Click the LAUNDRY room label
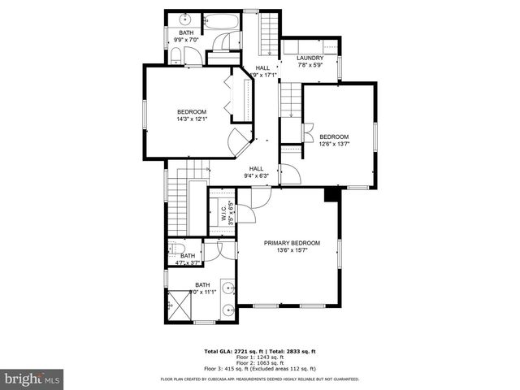(x=310, y=58)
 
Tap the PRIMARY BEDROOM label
(x=292, y=243)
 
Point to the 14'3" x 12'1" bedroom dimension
(x=193, y=119)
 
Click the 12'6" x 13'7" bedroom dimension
(x=334, y=144)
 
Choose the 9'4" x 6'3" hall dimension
(x=256, y=175)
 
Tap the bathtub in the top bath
(x=220, y=24)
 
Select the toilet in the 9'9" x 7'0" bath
(x=175, y=54)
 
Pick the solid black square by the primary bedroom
(x=331, y=195)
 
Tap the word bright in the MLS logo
(x=22, y=379)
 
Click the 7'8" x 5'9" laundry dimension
(x=310, y=64)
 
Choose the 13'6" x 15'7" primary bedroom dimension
(x=292, y=250)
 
